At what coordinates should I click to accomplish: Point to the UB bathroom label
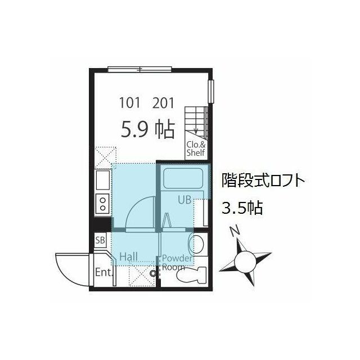185,199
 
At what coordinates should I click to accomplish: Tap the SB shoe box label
100,241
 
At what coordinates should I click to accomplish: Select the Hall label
128,257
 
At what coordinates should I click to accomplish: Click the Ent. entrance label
103,273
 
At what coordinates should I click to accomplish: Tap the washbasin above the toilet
197,244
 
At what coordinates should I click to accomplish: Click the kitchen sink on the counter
103,181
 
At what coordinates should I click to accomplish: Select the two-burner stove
103,203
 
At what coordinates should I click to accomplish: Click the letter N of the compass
235,231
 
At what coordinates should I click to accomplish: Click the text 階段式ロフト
264,182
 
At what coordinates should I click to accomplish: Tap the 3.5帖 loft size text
241,209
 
